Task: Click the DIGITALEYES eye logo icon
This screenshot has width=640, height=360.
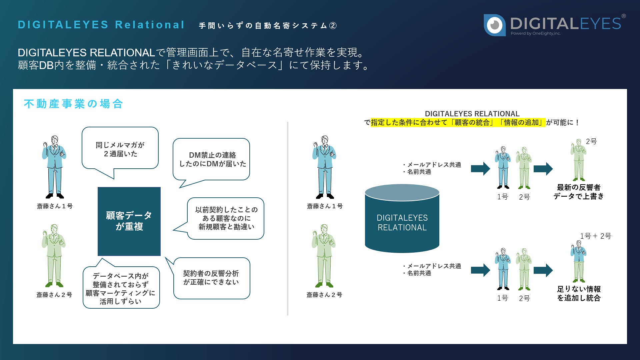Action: click(495, 25)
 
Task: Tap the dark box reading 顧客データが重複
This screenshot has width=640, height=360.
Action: click(129, 221)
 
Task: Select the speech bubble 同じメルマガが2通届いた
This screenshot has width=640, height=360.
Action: click(120, 149)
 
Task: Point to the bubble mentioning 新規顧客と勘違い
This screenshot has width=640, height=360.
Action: click(226, 218)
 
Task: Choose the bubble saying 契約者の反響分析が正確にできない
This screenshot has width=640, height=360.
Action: click(211, 278)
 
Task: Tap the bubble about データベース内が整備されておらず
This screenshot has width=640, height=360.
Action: click(121, 288)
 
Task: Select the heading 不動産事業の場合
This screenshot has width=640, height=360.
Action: click(73, 104)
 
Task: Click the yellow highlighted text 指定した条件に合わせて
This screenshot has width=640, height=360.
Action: click(409, 123)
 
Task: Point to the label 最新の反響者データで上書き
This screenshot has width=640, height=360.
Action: click(579, 192)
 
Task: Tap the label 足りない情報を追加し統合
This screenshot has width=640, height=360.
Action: click(579, 293)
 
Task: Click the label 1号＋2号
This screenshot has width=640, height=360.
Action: click(595, 236)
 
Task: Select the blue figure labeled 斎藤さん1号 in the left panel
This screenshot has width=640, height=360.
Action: click(54, 167)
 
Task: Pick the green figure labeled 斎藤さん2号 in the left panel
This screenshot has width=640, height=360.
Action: click(54, 255)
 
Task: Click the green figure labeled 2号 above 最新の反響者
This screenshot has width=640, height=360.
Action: click(578, 160)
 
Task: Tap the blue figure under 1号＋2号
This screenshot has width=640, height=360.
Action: click(578, 261)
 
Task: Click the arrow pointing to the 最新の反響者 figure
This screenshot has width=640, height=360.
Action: click(543, 169)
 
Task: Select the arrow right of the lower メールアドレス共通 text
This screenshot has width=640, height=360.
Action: click(480, 270)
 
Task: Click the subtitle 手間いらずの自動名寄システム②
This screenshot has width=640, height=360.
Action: click(268, 26)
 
